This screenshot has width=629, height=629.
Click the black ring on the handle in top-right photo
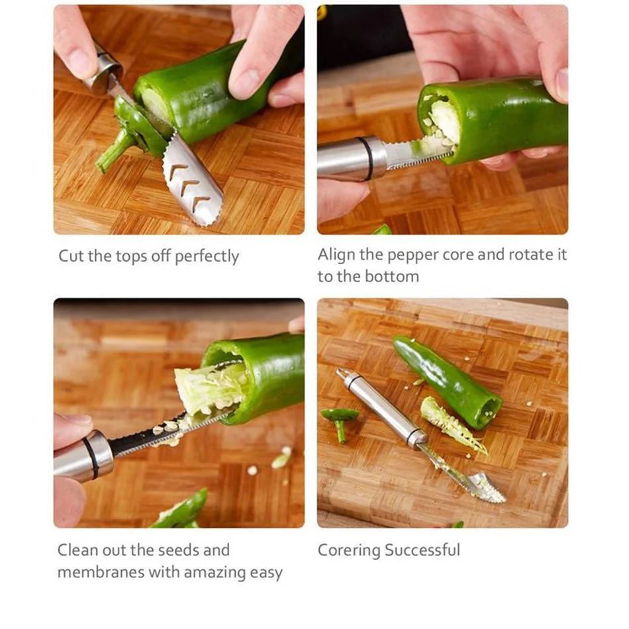click(x=367, y=159)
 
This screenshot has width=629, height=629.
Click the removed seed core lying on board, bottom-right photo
click(x=452, y=424)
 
